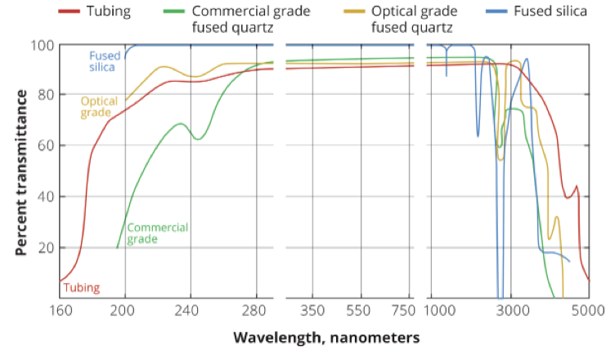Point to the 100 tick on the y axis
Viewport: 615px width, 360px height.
pyautogui.click(x=41, y=44)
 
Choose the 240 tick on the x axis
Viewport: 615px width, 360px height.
pyautogui.click(x=191, y=311)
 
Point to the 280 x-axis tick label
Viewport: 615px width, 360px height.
pyautogui.click(x=256, y=311)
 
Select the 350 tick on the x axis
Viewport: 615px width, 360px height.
pyautogui.click(x=313, y=311)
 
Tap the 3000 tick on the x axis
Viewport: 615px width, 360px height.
pyautogui.click(x=511, y=311)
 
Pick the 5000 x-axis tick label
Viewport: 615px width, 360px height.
pyautogui.click(x=588, y=311)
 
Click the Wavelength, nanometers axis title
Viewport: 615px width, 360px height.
pyautogui.click(x=326, y=337)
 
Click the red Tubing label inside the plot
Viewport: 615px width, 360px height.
pyautogui.click(x=81, y=287)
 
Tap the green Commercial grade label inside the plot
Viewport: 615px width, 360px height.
pyautogui.click(x=158, y=232)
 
